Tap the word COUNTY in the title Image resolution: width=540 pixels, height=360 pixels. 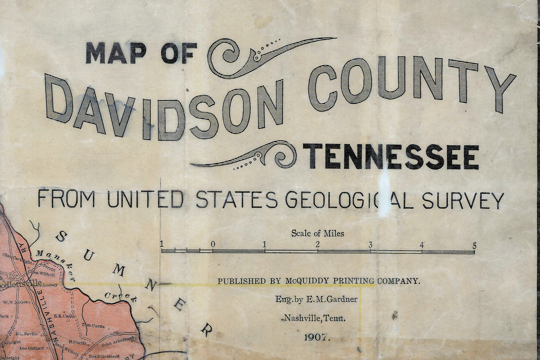411,82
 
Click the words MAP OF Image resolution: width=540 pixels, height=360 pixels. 141,53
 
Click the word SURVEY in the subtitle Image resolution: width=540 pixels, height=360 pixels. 463,200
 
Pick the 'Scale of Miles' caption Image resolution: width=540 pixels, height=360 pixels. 318,233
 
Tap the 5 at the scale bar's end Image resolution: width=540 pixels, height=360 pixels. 474,245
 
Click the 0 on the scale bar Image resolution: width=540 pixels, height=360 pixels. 213,244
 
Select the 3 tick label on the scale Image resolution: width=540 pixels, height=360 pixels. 370,244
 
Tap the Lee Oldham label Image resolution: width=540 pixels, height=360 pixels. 32,348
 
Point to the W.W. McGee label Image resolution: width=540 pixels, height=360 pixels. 16,302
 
